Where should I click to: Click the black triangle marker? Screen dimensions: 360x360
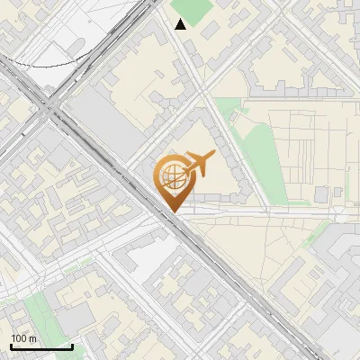pyautogui.click(x=181, y=24)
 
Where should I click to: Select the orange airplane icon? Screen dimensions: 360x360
pyautogui.click(x=198, y=164)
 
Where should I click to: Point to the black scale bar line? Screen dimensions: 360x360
pyautogui.click(x=40, y=347)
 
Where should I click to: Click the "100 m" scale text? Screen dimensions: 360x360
pyautogui.click(x=23, y=338)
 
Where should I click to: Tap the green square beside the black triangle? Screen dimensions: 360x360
pyautogui.click(x=192, y=9)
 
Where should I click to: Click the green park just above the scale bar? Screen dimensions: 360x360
pyautogui.click(x=38, y=310)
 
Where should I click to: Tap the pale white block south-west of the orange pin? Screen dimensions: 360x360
pyautogui.click(x=135, y=256)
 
